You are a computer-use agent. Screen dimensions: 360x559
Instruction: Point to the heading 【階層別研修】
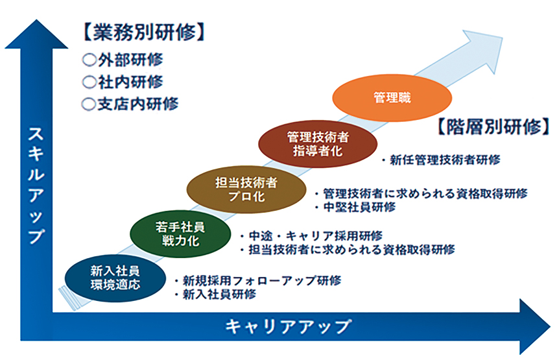click(492, 126)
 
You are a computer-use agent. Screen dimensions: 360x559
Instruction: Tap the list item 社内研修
click(123, 82)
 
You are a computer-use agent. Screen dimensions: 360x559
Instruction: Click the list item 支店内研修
click(130, 103)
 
